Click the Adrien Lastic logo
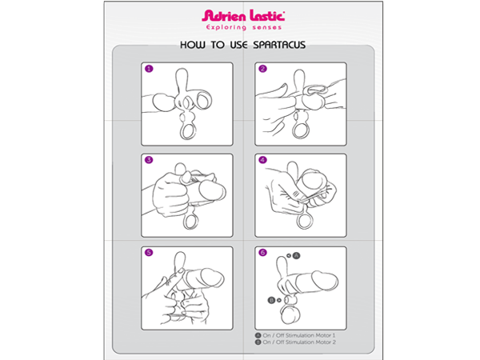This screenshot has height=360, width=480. [243, 16]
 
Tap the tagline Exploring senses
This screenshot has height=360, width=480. [244, 27]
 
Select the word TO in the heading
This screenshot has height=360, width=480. [218, 45]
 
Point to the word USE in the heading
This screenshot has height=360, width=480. [238, 45]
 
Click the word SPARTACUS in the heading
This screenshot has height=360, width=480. [279, 45]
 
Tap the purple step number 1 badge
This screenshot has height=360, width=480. [149, 69]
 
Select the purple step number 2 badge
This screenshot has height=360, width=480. [262, 69]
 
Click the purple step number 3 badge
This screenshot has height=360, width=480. [149, 160]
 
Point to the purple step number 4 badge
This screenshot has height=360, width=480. [262, 160]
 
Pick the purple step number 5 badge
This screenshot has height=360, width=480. [149, 253]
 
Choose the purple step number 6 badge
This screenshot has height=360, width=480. [262, 253]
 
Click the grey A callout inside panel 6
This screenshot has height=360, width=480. [296, 256]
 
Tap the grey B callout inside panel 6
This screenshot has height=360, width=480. [271, 300]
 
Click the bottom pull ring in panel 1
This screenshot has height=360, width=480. [182, 130]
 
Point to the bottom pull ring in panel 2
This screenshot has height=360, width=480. [294, 130]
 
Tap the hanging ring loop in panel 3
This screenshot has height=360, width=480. [185, 222]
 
